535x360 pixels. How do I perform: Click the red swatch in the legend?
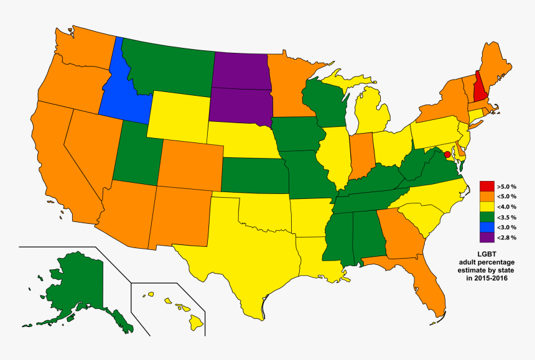pyautogui.click(x=486, y=186)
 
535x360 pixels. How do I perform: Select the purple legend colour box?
pyautogui.click(x=486, y=237)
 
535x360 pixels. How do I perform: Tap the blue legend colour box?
pyautogui.click(x=486, y=227)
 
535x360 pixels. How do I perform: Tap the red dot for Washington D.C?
pyautogui.click(x=447, y=154)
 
